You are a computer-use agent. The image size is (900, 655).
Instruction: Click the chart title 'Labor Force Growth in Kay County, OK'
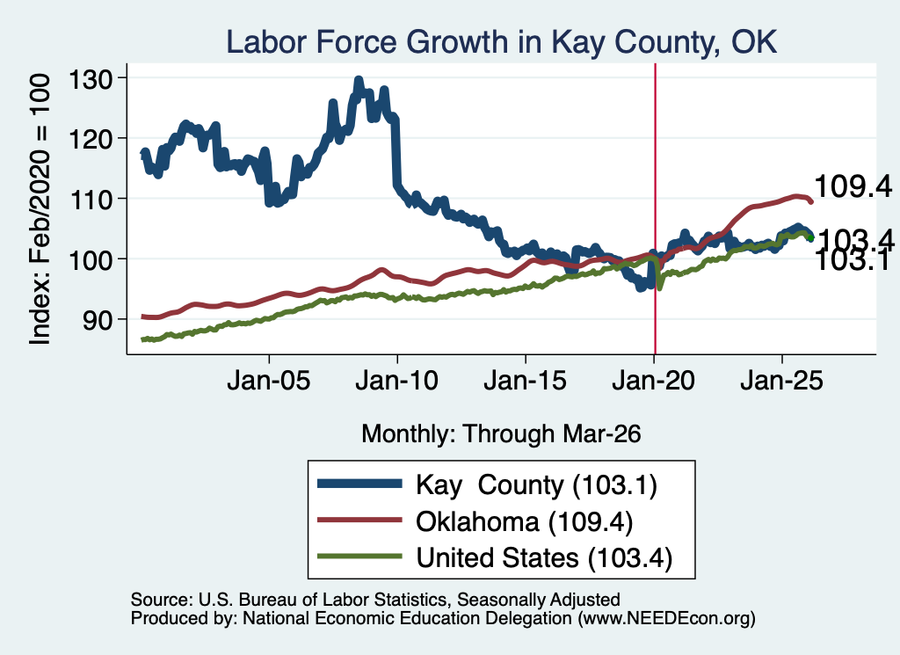(x=502, y=43)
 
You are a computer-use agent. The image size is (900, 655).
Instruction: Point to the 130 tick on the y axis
(x=90, y=79)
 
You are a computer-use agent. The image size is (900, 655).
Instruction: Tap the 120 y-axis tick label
(x=90, y=139)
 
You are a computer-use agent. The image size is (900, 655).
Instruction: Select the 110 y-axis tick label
(x=90, y=200)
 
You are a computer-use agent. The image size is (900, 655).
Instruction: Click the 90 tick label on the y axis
(x=97, y=320)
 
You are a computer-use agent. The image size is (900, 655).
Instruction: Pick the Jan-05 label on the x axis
(x=269, y=381)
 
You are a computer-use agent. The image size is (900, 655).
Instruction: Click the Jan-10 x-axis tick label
(x=396, y=381)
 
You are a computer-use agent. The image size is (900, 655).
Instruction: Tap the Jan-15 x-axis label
(x=526, y=381)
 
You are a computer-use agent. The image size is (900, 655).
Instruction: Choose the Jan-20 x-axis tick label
(x=653, y=381)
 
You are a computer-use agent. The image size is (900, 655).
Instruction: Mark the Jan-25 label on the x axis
(x=781, y=381)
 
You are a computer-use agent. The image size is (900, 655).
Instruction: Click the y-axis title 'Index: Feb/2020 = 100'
(x=40, y=209)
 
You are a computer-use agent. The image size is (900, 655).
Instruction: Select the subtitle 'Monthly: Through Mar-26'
(x=501, y=434)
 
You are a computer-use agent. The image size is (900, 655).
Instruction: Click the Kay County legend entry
(x=487, y=484)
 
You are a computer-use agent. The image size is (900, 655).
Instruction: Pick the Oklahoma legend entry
(x=475, y=521)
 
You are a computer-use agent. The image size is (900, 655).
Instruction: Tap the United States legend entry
(x=495, y=557)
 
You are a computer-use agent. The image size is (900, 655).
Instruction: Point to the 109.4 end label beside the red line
(x=853, y=186)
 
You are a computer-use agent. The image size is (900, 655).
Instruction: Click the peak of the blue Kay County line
(x=359, y=80)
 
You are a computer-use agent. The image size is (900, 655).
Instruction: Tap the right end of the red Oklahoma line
(x=811, y=201)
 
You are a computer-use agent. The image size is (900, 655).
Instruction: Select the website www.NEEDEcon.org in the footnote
(x=666, y=619)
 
